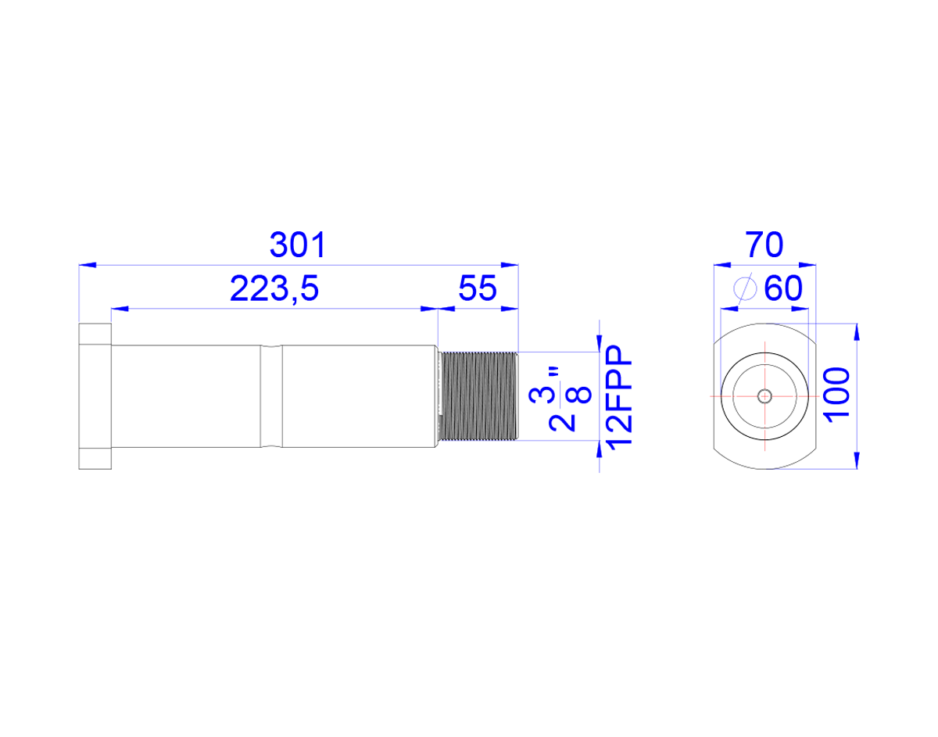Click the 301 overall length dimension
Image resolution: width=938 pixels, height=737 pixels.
297,245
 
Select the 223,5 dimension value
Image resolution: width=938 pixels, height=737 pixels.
274,288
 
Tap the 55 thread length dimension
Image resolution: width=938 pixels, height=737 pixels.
478,288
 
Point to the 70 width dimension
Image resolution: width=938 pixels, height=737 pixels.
764,245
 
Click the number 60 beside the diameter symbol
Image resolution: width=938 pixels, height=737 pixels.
783,288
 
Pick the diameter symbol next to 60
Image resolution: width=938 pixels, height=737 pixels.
745,288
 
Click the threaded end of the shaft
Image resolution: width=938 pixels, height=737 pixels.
478,396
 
